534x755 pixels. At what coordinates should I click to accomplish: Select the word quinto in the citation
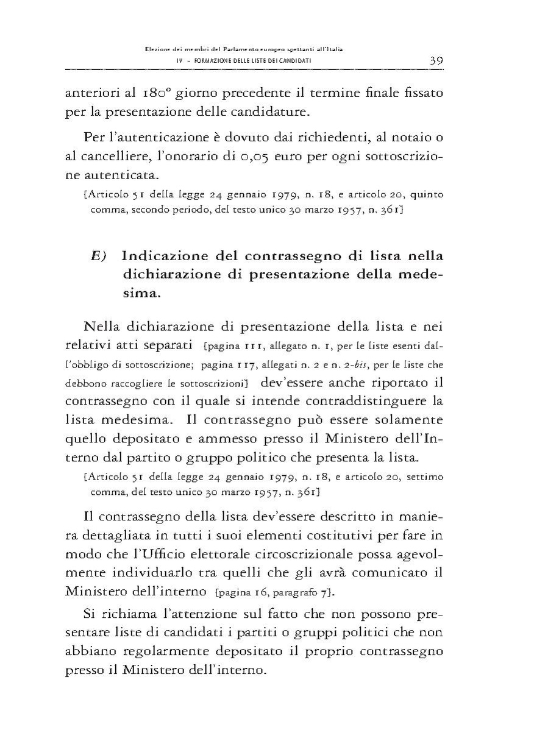[x=427, y=196]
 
